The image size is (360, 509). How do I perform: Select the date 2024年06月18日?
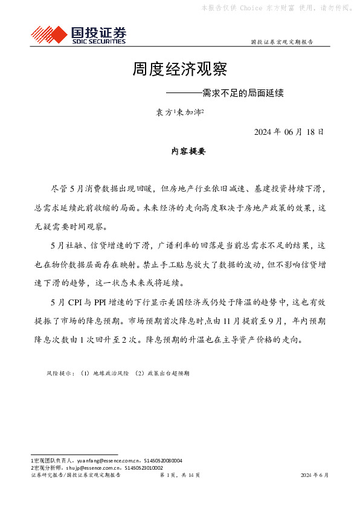[289, 132]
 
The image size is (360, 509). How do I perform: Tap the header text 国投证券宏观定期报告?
[281, 42]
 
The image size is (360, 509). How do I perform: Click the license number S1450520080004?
[161, 461]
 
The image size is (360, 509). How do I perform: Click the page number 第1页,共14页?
[179, 476]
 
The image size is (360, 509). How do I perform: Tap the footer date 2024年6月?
[315, 476]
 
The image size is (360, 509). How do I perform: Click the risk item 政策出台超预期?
[169, 374]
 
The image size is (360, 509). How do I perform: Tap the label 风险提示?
[60, 374]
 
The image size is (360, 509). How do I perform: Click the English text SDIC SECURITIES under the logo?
[98, 42]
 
